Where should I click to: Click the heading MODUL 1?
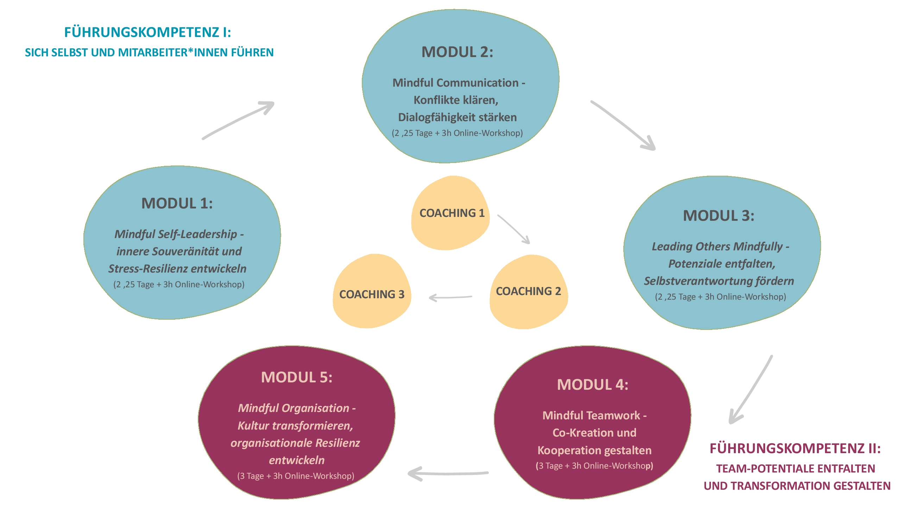pos(177,204)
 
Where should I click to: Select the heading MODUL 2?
pos(457,52)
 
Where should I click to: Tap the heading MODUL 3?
pos(719,216)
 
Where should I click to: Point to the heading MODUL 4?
pos(593,384)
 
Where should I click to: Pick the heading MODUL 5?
pos(297,377)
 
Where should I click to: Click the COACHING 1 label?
pos(452,213)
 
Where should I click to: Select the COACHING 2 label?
pos(528,291)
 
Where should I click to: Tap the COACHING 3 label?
pos(372,294)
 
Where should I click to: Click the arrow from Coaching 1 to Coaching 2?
pos(514,229)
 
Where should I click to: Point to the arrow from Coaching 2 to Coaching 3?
pos(450,298)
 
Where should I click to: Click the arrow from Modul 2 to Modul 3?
pos(623,125)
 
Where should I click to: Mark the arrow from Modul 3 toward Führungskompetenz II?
pos(751,389)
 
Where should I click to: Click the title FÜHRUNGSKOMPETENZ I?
pos(147,32)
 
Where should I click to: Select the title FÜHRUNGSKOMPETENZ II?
pos(795,449)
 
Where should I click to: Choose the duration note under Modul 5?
pos(296,476)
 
